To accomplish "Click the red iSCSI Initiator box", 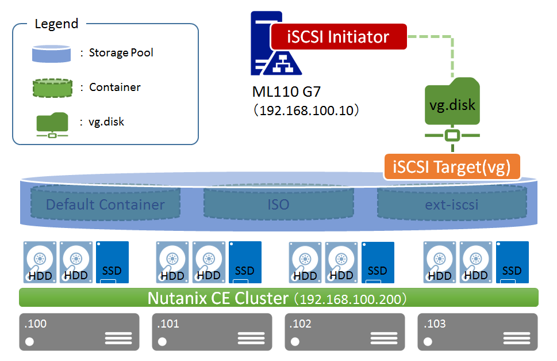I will [338, 37].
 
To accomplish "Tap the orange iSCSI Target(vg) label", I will [453, 168].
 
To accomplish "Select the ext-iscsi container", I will [452, 204].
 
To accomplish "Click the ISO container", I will [278, 204].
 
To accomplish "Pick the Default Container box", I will [105, 204].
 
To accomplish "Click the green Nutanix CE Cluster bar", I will [278, 298].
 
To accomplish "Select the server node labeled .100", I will [79, 332].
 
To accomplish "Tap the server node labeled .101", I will [212, 332].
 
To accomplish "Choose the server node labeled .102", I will [345, 332].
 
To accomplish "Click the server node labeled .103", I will [478, 332].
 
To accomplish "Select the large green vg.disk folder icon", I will [452, 104].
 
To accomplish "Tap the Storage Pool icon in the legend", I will [52, 54].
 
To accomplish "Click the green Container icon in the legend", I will [52, 88].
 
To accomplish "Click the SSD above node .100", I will [112, 262].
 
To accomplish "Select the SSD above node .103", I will [512, 262].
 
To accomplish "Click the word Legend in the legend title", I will [56, 24].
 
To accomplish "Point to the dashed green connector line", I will [452, 55].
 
